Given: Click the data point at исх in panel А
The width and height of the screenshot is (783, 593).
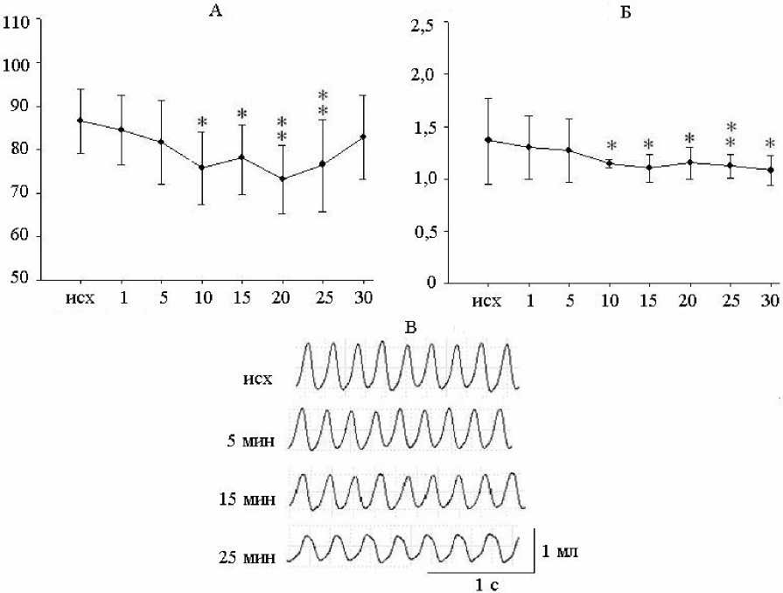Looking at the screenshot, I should tap(80, 120).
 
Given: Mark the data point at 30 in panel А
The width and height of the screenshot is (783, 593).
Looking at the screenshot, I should tap(362, 136).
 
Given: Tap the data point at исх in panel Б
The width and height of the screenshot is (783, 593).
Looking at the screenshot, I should tap(488, 140).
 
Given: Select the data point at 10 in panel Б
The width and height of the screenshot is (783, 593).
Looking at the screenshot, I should tap(608, 164).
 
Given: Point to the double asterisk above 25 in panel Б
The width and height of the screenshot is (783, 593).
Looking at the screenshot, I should tap(730, 135).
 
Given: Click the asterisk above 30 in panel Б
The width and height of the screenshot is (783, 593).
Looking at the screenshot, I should tap(770, 144).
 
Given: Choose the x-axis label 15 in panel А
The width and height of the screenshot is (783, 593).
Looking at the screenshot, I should tap(242, 298).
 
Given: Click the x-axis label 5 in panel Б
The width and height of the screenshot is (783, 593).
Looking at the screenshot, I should tap(568, 302).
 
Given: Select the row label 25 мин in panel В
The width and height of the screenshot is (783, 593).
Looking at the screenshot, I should tap(249, 556).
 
